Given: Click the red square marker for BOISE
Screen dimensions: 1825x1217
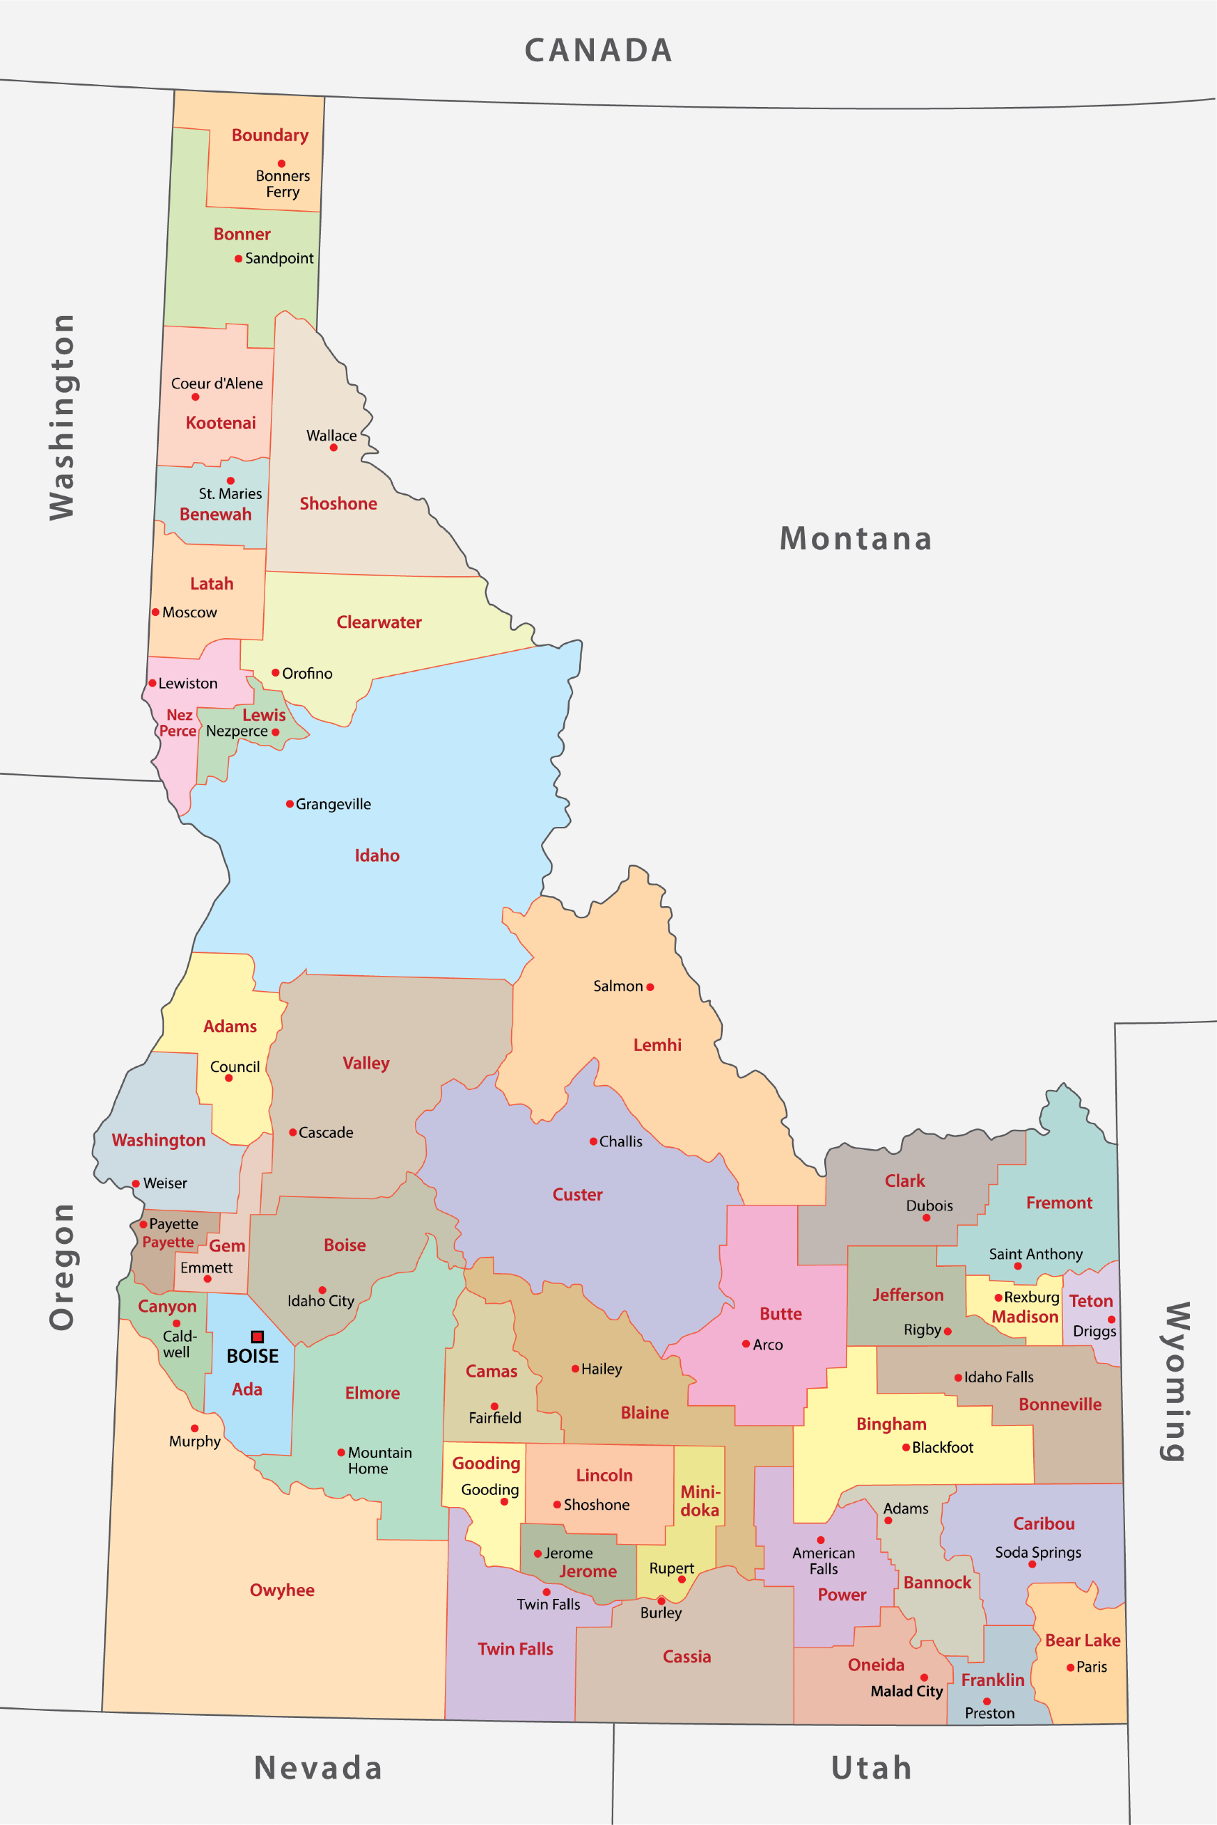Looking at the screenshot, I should coord(257,1336).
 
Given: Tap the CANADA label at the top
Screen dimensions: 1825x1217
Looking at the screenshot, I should coord(598,51).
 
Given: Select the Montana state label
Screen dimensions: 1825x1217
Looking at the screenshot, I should coord(856,538).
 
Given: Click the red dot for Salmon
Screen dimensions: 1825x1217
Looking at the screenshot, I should coord(649,987).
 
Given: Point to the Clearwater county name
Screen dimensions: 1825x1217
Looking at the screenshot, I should coord(379,622).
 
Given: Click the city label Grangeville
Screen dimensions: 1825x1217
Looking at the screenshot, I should coord(333,804).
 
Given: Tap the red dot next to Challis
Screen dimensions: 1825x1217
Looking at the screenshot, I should coord(593,1141).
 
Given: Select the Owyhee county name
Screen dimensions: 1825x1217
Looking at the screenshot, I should coord(282,1590).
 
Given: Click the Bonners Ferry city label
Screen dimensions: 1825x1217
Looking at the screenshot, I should coord(282,184).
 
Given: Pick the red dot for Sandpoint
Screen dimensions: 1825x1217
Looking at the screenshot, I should coord(238,258).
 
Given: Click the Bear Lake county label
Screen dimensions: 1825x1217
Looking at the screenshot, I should coord(1082,1640).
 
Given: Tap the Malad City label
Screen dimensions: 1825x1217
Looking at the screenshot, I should coord(905,1691).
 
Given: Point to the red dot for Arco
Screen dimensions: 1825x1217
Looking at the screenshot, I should coord(745,1344).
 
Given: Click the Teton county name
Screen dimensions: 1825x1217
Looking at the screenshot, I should coord(1091,1300).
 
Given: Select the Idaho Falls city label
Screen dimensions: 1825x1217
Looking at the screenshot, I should coord(998,1377).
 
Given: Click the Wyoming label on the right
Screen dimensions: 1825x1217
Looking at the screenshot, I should coord(1176,1381).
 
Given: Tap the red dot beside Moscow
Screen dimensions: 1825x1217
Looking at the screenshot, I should coord(155,612).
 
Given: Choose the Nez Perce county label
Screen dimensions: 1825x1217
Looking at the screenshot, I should coord(178,722).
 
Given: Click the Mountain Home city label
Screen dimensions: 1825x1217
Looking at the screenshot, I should coord(379,1460).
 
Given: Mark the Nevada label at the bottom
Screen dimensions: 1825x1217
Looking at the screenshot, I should coord(318,1767).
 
